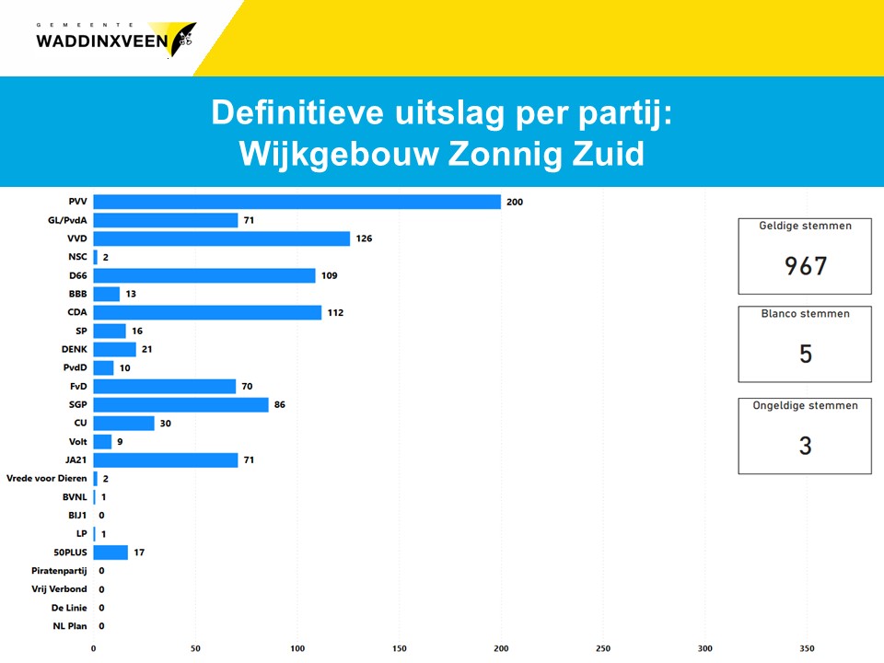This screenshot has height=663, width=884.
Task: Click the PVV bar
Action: [297, 202]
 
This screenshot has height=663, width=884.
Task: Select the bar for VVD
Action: [222, 238]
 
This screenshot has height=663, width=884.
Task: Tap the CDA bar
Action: [207, 312]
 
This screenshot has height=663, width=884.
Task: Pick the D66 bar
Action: [204, 275]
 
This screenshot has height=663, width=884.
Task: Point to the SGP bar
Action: [180, 404]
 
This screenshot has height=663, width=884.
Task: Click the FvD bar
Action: [165, 386]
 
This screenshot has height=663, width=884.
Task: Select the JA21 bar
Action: [166, 459]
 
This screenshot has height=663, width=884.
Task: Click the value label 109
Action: [330, 275]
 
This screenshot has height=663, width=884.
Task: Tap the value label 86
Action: [280, 404]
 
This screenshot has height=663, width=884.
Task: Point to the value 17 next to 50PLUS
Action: [139, 552]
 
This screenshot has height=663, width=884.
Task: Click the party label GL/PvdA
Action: [67, 220]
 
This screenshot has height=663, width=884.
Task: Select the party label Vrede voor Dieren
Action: [47, 478]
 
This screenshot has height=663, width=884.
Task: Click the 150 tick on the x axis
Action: [400, 648]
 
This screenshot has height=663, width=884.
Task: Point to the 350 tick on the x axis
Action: [808, 648]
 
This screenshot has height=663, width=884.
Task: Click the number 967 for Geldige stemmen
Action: [805, 266]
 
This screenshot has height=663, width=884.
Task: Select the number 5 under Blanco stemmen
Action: [805, 354]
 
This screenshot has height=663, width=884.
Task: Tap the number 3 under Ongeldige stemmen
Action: [805, 446]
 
